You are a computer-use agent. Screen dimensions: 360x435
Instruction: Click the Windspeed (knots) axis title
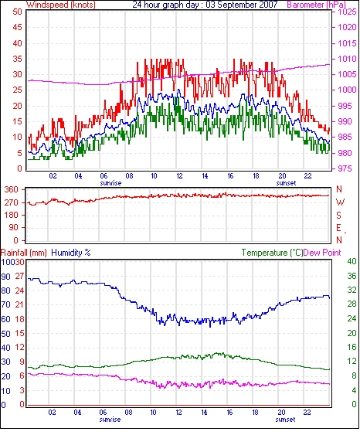click(x=61, y=5)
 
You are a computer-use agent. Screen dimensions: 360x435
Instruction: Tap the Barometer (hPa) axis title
click(x=317, y=5)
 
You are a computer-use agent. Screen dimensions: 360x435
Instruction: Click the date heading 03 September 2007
click(x=242, y=5)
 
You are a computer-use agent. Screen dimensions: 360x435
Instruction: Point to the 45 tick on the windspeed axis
click(x=17, y=27)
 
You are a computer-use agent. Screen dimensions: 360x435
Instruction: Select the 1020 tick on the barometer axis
click(x=347, y=27)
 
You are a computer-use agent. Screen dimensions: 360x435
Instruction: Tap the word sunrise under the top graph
click(x=110, y=183)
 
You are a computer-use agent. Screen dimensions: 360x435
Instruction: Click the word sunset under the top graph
click(x=286, y=183)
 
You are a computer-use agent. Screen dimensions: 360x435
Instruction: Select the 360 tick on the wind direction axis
click(x=12, y=190)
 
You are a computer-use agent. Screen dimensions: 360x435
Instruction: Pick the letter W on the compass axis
click(x=340, y=202)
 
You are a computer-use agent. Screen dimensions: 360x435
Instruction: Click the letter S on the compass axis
click(x=338, y=216)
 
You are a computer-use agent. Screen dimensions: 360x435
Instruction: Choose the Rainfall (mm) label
click(x=24, y=253)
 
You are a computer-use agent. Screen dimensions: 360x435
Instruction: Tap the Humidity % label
click(x=71, y=253)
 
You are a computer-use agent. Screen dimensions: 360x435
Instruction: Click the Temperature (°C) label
click(x=272, y=253)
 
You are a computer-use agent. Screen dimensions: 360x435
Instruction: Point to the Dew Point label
click(x=322, y=253)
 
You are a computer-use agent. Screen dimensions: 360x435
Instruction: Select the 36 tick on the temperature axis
click(x=352, y=276)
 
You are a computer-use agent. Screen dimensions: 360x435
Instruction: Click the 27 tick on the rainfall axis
click(x=19, y=276)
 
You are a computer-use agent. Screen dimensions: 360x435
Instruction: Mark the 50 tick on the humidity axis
click(x=5, y=334)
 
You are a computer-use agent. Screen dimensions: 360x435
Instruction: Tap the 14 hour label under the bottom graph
click(x=204, y=413)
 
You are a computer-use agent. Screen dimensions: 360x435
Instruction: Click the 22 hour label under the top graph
click(x=307, y=176)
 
